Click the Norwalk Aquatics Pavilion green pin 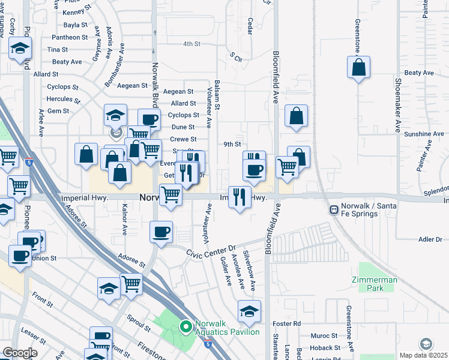coord(186,327)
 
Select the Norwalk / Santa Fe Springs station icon coord(333,210)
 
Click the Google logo coord(20,353)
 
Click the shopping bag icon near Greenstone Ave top coord(358,68)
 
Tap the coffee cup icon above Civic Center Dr coord(161,233)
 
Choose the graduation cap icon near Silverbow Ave coord(250,312)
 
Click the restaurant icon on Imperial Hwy coord(240,197)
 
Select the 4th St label coord(191,44)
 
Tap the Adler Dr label coord(430,239)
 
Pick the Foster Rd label coord(289,323)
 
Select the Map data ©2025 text coord(424,355)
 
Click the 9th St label coord(232,144)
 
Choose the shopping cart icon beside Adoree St coord(131,284)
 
